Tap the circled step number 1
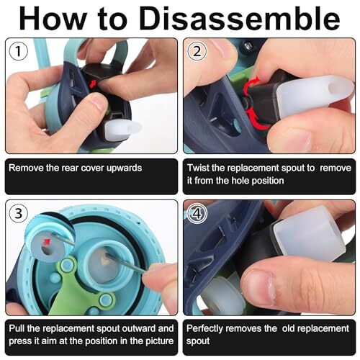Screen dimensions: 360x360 pos(18,52)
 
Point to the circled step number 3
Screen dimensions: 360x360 pos(18,214)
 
